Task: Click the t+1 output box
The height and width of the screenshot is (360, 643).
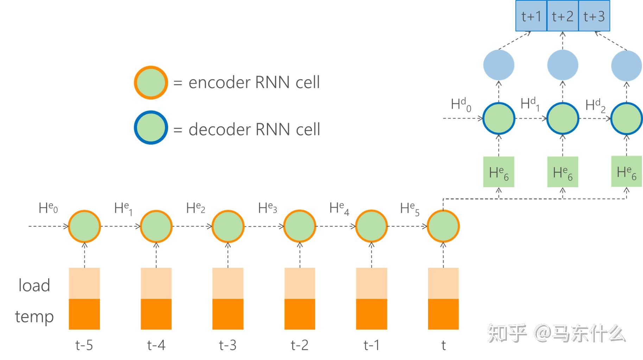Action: (x=531, y=16)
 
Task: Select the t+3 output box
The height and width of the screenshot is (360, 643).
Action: (x=594, y=16)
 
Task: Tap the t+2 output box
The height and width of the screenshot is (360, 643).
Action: (x=562, y=16)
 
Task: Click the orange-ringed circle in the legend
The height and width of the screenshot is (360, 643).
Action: (x=151, y=82)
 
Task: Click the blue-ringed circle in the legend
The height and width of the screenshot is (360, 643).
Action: (x=151, y=127)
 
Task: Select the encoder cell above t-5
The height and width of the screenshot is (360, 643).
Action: (x=84, y=226)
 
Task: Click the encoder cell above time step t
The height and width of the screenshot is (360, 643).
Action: (x=443, y=226)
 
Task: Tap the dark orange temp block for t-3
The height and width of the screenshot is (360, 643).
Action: (x=228, y=314)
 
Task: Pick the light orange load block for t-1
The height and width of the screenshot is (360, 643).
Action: (x=371, y=283)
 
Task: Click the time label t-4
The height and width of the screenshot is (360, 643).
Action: (x=156, y=345)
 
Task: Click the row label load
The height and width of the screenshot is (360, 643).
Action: (x=34, y=285)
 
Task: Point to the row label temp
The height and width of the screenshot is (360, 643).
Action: (x=34, y=317)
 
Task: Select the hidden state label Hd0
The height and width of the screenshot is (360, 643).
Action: (x=461, y=105)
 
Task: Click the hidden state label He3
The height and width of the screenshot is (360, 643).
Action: (x=267, y=208)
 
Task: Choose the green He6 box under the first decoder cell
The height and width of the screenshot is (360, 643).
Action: (x=499, y=172)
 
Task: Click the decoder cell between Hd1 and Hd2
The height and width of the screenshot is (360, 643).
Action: (x=563, y=119)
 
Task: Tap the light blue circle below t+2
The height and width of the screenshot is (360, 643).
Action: (x=563, y=65)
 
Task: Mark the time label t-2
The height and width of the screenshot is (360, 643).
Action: (x=300, y=345)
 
